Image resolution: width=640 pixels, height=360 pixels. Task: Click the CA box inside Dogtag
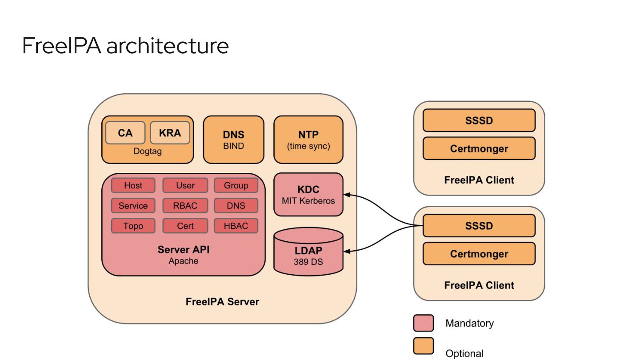point(125,132)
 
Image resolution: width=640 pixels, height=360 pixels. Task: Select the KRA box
point(170,132)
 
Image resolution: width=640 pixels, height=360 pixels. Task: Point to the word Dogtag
point(148,152)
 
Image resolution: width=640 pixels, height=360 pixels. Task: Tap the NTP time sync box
point(308,140)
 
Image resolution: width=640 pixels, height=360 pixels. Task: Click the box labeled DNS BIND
point(233,140)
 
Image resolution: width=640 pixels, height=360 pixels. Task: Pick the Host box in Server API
point(133,185)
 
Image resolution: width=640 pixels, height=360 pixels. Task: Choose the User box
point(185,185)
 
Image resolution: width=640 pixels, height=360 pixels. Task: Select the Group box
point(236,185)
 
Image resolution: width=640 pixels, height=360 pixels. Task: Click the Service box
point(133,206)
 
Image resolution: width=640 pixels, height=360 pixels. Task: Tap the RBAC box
point(185,206)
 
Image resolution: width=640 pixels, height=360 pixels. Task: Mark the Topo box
point(133,226)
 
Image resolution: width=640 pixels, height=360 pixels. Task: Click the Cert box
point(185,226)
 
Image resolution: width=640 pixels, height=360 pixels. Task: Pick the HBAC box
point(236,226)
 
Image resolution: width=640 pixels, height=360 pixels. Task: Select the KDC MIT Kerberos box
point(308,195)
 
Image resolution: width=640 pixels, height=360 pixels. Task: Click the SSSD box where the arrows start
point(479,226)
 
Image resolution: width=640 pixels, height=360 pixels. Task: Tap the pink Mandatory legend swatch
point(423,323)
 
